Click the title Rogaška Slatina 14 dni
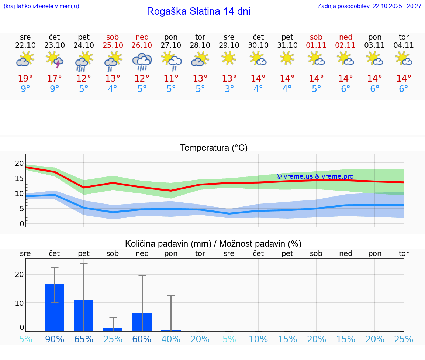(198, 11)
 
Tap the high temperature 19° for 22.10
(25, 78)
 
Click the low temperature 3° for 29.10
(229, 89)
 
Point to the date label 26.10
(142, 45)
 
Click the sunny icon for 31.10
(287, 58)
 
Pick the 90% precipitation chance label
(55, 339)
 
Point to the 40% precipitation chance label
(171, 339)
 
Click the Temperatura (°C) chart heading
(214, 148)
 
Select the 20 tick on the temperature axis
(19, 163)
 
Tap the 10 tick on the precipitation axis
(19, 303)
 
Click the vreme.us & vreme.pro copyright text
(315, 176)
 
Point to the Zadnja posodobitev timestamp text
(369, 6)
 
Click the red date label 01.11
(316, 45)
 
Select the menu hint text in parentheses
(41, 6)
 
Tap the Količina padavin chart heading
(213, 244)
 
